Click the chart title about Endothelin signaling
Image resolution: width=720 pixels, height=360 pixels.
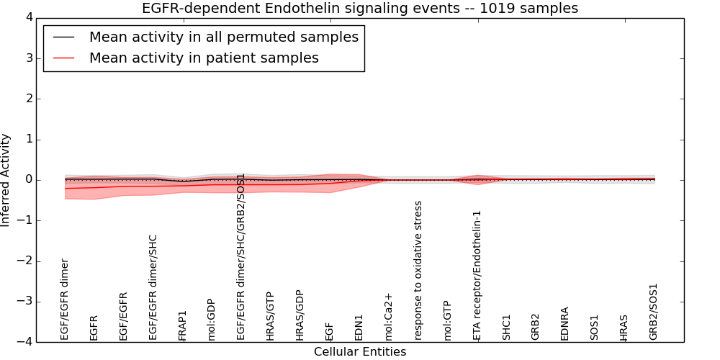click(359, 9)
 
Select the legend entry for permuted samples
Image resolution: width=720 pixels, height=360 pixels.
click(223, 37)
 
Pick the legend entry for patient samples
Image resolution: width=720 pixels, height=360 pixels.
click(204, 58)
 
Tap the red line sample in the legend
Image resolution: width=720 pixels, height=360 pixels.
click(63, 58)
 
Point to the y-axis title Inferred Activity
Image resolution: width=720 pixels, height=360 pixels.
click(6, 179)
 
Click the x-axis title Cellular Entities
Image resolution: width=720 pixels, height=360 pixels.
click(359, 352)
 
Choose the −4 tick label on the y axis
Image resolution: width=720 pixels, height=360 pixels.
click(24, 342)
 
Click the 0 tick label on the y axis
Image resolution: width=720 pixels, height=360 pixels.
click(28, 180)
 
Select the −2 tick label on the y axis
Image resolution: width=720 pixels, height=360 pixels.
click(24, 261)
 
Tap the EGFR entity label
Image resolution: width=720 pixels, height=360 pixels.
click(94, 327)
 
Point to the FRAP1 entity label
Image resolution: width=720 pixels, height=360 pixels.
click(183, 325)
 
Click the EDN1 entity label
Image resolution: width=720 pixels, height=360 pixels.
click(359, 326)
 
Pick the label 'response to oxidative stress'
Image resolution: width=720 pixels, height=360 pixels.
click(418, 270)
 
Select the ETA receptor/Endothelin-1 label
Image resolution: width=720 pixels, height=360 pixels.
click(477, 275)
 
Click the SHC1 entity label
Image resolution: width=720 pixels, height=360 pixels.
click(506, 326)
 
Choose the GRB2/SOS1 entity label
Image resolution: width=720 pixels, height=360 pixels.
click(654, 312)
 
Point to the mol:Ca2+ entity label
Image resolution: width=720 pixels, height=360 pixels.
click(389, 317)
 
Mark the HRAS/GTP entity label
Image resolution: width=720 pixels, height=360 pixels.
click(271, 315)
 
